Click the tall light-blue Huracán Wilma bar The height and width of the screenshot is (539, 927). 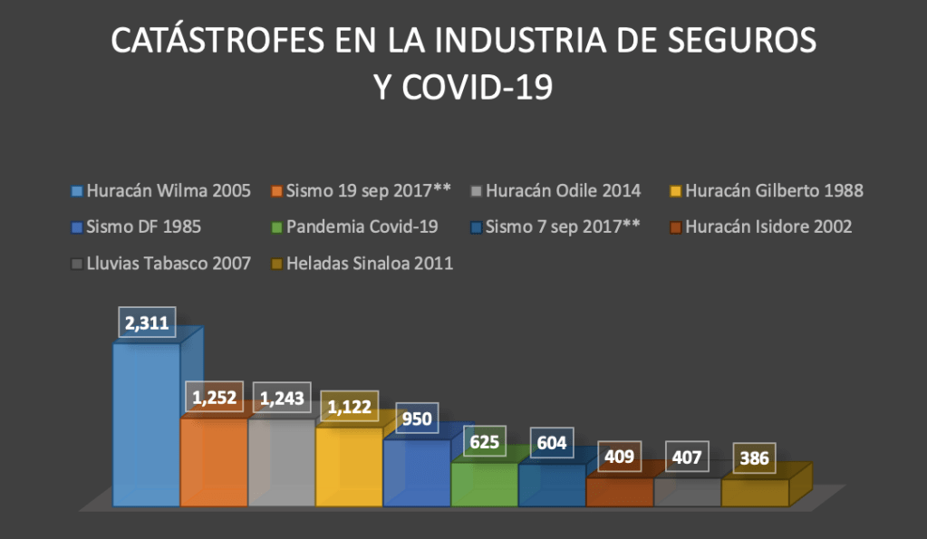(x=146, y=426)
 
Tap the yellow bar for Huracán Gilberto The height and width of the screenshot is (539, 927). (x=349, y=467)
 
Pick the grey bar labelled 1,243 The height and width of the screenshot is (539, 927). (x=281, y=462)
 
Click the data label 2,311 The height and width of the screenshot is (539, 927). (x=147, y=323)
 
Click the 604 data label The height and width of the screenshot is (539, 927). (x=551, y=443)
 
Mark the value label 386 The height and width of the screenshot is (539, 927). (x=753, y=458)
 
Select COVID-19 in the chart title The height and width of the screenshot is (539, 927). (x=478, y=88)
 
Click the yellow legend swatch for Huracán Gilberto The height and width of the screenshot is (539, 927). (x=674, y=192)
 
